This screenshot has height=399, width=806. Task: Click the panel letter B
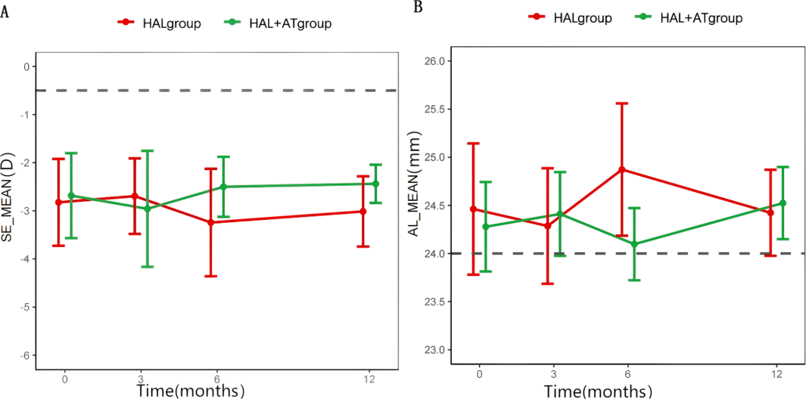tap(419, 7)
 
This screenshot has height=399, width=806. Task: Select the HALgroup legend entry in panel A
tap(159, 23)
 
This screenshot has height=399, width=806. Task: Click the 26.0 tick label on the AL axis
tap(437, 61)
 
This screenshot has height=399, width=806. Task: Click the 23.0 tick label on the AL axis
tap(437, 350)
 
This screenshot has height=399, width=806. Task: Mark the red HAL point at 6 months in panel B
tap(622, 169)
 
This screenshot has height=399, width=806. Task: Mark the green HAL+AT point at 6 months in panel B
tap(634, 244)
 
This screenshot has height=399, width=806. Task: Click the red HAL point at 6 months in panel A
tap(211, 222)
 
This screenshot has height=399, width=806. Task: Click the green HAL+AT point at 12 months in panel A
tap(375, 184)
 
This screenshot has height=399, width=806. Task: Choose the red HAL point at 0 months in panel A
tap(58, 202)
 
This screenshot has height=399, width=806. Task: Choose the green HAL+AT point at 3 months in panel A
tap(147, 208)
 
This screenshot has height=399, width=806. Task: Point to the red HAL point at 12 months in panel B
tap(770, 212)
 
